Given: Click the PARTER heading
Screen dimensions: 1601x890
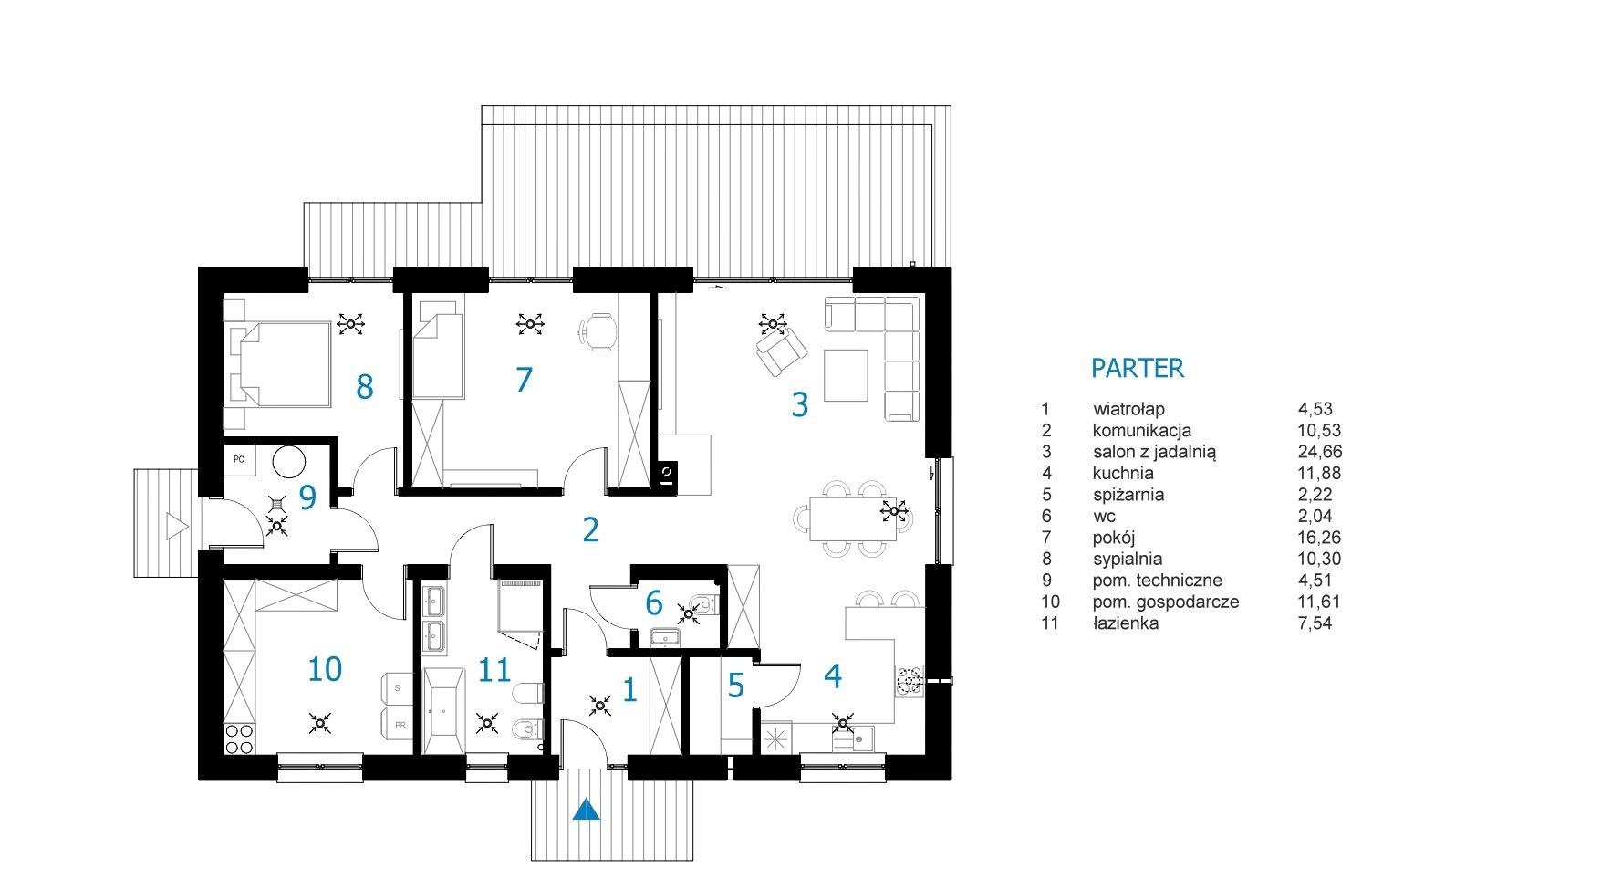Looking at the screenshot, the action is point(1138,368).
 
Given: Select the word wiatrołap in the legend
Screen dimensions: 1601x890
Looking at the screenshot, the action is point(1128,409).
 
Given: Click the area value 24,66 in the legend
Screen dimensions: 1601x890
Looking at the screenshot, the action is point(1320,452).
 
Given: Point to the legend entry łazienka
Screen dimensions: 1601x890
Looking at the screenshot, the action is point(1126,623).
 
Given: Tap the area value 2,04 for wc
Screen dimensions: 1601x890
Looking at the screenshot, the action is point(1315,516).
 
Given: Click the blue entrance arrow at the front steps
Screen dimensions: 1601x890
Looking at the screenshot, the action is point(587,809).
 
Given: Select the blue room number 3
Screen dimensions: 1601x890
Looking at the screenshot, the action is point(800,404).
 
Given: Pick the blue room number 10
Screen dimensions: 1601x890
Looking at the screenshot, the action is point(325,669).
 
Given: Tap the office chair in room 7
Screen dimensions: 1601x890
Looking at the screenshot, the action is point(598,331).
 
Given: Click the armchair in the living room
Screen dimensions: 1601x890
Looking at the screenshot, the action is point(782,351).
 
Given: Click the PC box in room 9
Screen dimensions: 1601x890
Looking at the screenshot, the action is point(239,459).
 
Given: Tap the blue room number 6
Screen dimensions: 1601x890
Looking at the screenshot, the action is point(653,602).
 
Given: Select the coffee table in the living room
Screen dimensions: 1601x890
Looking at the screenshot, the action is point(846,375).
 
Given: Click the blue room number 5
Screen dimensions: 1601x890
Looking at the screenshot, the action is point(736,686).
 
